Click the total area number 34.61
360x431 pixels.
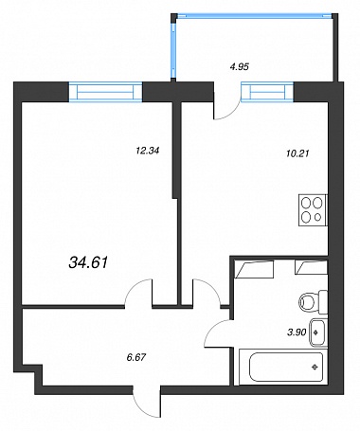point(88,262)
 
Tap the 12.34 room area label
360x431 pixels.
point(148,151)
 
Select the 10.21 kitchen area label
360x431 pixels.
point(297,153)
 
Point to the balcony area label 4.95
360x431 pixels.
point(239,66)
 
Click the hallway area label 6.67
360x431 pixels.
point(136,357)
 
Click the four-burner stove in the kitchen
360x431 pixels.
point(313,210)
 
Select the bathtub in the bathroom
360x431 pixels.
point(283,367)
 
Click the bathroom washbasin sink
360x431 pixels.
point(318,332)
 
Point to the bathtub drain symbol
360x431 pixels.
point(315,367)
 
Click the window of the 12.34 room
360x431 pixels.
point(105,92)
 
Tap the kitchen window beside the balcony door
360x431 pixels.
point(267,92)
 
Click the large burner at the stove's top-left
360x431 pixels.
point(306,203)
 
